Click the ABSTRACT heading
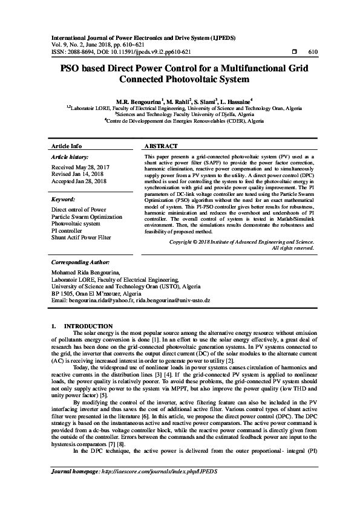162,147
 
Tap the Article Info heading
67,147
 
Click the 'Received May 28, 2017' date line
80,166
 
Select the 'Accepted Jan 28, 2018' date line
79,181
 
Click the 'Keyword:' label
64,199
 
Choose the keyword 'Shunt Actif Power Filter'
82,238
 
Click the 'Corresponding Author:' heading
80,263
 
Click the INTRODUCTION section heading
88,326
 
